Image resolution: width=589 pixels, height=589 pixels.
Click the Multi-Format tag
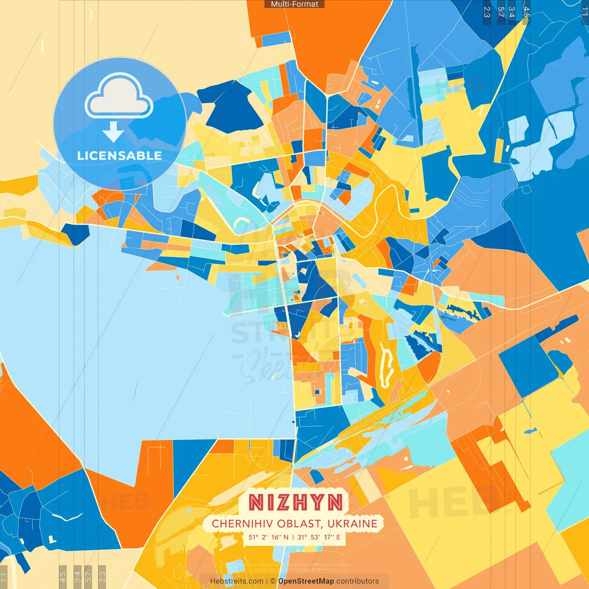pyautogui.click(x=294, y=4)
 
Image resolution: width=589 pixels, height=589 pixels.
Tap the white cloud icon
pyautogui.click(x=119, y=97)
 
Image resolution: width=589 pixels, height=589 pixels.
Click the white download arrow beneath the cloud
pyautogui.click(x=113, y=132)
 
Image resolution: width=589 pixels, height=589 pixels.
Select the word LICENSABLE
pyautogui.click(x=120, y=156)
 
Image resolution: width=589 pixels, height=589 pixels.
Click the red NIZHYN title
pyautogui.click(x=295, y=502)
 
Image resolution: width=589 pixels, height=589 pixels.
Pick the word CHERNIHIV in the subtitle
pyautogui.click(x=243, y=524)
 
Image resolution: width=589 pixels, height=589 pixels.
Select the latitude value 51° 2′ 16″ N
pyautogui.click(x=269, y=537)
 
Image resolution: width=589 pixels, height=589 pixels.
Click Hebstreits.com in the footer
pyautogui.click(x=237, y=581)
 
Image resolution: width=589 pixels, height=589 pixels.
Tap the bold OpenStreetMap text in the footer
pyautogui.click(x=306, y=581)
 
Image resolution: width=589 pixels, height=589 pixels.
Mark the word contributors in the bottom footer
pyautogui.click(x=358, y=581)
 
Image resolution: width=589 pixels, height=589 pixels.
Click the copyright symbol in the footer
pyautogui.click(x=273, y=581)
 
